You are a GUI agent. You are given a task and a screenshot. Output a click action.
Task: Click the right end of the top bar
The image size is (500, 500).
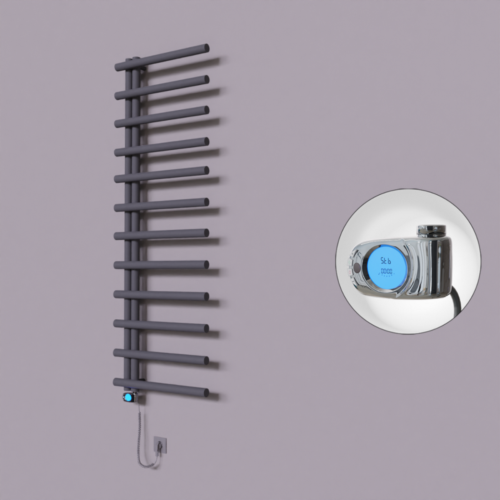coord(205,47)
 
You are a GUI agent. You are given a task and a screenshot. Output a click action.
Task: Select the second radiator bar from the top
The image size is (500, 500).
coord(162,86)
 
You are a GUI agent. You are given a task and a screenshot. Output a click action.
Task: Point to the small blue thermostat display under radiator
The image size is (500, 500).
coord(128,397)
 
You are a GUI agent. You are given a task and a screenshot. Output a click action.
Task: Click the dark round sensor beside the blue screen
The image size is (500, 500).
coord(357,267)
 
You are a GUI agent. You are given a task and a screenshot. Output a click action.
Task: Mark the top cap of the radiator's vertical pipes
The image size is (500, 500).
coord(132,59)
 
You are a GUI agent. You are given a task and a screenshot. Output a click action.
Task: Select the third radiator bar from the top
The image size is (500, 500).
coord(162,116)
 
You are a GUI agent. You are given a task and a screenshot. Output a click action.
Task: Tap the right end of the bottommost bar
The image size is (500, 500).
coord(204,393)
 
